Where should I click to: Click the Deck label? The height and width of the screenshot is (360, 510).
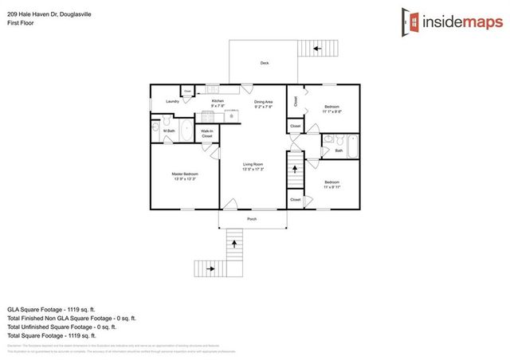(264, 63)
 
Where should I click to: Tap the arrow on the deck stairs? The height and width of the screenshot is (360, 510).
(317, 49)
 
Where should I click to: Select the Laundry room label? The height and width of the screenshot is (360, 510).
(172, 102)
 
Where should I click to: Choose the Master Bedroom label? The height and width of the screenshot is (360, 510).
(185, 175)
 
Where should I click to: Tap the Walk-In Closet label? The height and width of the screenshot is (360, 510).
(207, 133)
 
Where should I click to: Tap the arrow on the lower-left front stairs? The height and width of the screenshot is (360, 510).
(211, 269)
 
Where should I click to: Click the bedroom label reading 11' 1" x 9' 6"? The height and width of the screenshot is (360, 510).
(332, 109)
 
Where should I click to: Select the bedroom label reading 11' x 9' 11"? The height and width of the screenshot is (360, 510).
(331, 185)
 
